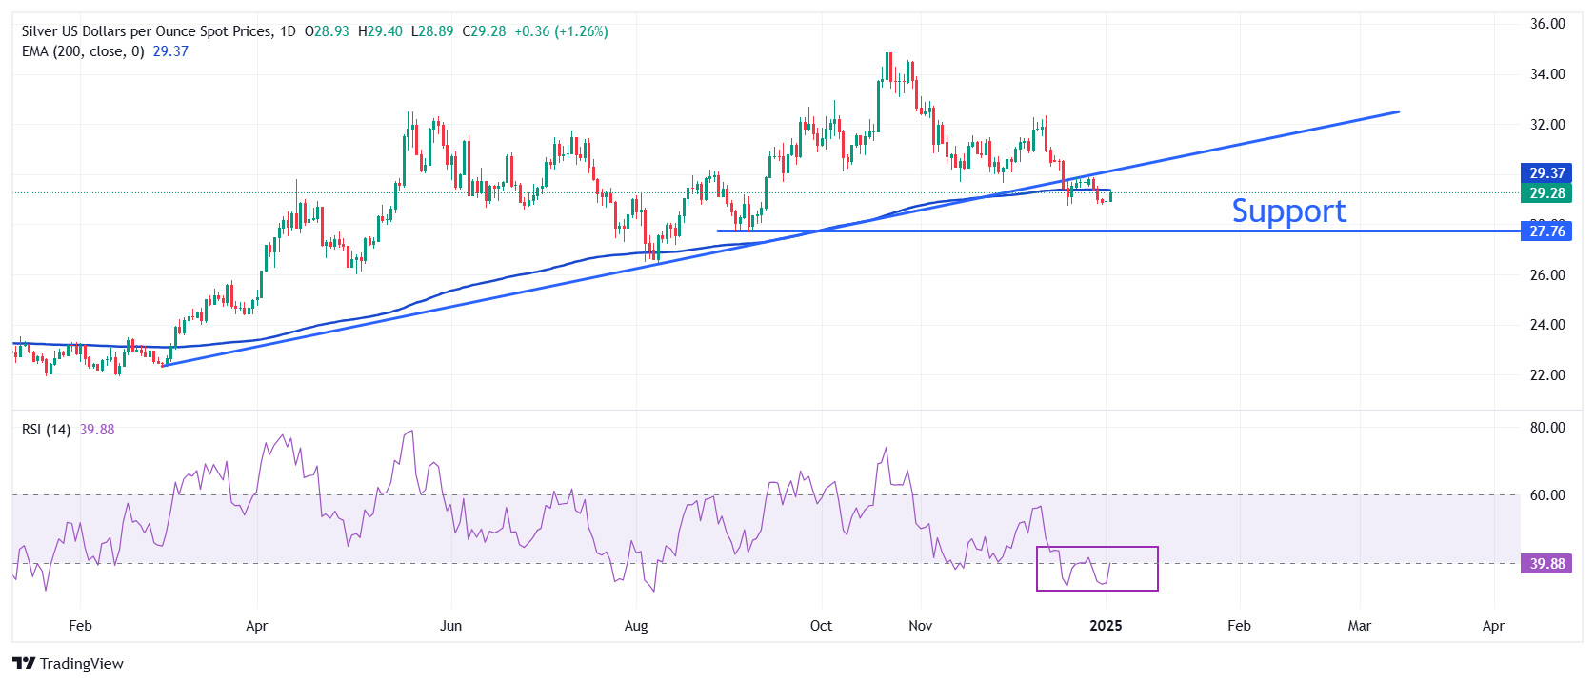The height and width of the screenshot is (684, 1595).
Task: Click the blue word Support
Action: pyautogui.click(x=1288, y=211)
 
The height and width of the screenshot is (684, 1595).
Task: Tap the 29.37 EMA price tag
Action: pyautogui.click(x=1546, y=173)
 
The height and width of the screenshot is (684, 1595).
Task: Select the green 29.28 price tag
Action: pyautogui.click(x=1546, y=193)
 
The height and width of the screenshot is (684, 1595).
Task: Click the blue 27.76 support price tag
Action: pyautogui.click(x=1546, y=231)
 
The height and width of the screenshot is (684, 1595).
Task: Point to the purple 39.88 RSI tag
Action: pyautogui.click(x=1546, y=564)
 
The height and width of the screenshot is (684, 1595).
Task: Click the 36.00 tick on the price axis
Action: pyautogui.click(x=1547, y=24)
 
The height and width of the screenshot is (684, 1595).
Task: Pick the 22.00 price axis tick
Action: pyautogui.click(x=1547, y=375)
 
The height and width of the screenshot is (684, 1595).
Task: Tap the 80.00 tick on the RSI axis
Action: pyautogui.click(x=1547, y=428)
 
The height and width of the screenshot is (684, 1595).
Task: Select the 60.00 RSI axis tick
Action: pyautogui.click(x=1547, y=495)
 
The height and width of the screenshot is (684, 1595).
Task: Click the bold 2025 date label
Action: pyautogui.click(x=1106, y=626)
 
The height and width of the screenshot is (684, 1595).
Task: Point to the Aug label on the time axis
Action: pyautogui.click(x=636, y=626)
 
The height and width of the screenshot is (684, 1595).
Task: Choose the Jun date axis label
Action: pyautogui.click(x=450, y=626)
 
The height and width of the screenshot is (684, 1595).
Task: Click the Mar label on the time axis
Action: pyautogui.click(x=1360, y=626)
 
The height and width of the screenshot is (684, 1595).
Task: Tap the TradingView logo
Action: pyautogui.click(x=69, y=664)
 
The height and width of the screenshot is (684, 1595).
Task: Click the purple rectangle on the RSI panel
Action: pyautogui.click(x=1097, y=569)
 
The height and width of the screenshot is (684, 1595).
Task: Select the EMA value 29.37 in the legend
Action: pyautogui.click(x=170, y=51)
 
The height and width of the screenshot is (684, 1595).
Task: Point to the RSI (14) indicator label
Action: pyautogui.click(x=46, y=430)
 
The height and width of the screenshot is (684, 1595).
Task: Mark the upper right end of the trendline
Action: pyautogui.click(x=1398, y=112)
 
